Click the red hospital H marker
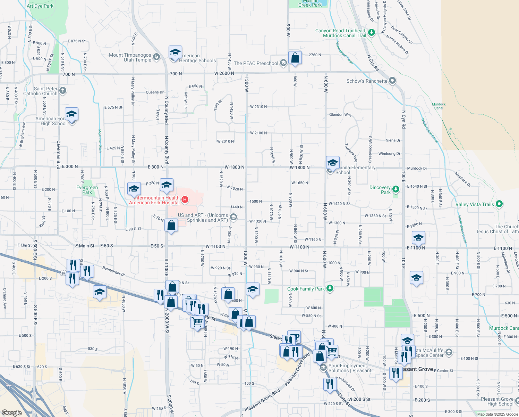[185, 199]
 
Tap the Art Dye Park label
[40, 6]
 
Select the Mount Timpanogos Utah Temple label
[130, 57]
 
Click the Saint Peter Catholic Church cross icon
[62, 91]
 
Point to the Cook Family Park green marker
[330, 288]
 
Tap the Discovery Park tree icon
[396, 189]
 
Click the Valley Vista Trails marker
[499, 204]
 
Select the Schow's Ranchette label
[367, 81]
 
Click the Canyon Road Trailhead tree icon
[372, 33]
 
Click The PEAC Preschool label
[256, 63]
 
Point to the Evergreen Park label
[87, 190]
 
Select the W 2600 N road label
[224, 73]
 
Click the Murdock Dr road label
[417, 168]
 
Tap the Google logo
[11, 412]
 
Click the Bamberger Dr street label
[113, 271]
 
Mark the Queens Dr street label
[155, 92]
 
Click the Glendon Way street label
[340, 115]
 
